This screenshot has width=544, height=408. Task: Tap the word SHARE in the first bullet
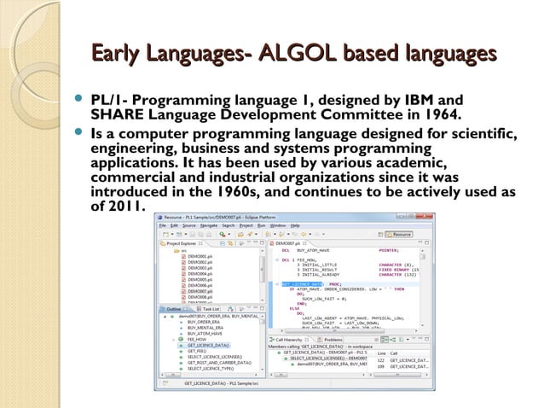coord(117,114)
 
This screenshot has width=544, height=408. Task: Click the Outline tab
coord(173,308)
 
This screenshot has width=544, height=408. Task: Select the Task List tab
coord(210,308)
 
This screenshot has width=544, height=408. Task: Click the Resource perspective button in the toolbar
coord(401,234)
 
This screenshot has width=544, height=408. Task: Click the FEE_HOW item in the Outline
coord(197,338)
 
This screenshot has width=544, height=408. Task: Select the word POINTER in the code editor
coord(389,251)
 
